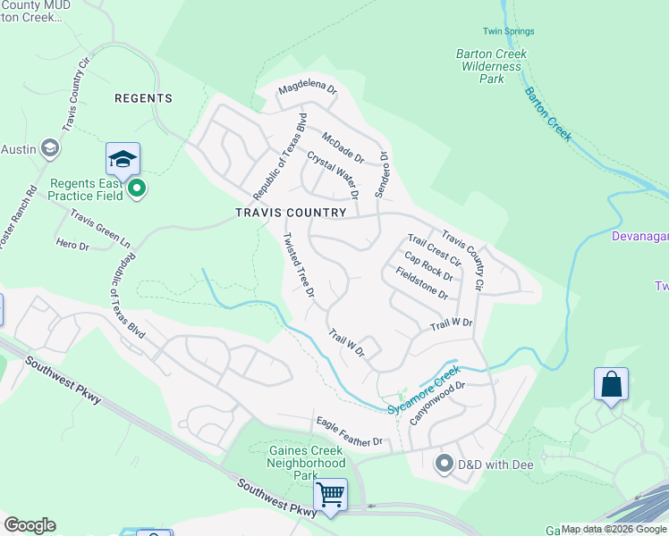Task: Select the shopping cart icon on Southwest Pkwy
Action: pos(332,494)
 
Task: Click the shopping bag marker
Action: pos(611,385)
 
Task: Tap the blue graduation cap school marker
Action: pos(123,160)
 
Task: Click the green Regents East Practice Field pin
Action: pos(136,188)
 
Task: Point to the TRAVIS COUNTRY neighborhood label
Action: pos(290,213)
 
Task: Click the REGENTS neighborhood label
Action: pos(143,98)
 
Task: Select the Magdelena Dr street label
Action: pos(307,89)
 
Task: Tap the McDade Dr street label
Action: pos(343,147)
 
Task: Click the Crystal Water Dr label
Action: pos(333,174)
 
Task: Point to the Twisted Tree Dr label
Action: pos(300,265)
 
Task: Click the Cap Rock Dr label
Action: pos(428,264)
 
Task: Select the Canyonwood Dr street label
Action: pos(439,403)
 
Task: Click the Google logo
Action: pos(30,525)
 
